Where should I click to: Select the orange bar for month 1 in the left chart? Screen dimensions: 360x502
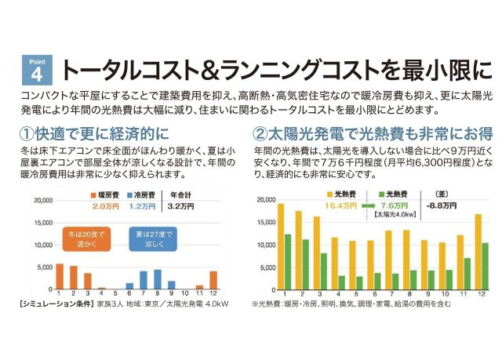pos(60,276)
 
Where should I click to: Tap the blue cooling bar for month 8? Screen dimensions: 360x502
pos(158,279)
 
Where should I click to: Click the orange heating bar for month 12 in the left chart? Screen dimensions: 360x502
pos(214,280)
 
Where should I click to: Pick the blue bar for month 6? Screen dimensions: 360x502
pos(129,286)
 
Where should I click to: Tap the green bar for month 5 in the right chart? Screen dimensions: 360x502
pos(359,282)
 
